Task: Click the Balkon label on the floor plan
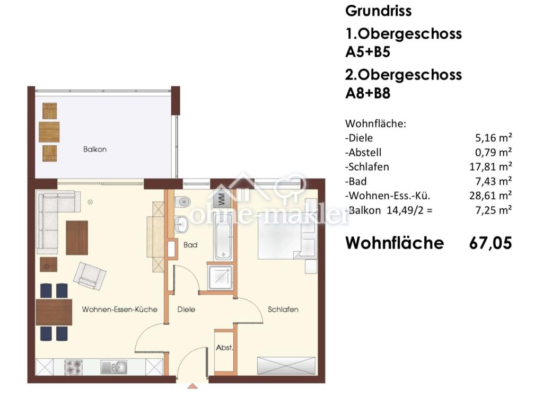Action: click(x=94, y=149)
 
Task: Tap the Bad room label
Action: click(x=190, y=245)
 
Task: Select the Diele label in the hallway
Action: click(x=186, y=309)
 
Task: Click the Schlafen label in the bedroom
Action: click(x=283, y=309)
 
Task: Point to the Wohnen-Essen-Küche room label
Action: click(x=119, y=309)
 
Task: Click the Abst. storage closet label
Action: click(x=224, y=347)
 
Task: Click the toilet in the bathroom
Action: click(x=182, y=201)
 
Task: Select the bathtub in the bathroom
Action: click(x=223, y=236)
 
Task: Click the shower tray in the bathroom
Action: click(x=220, y=278)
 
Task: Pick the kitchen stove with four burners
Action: click(x=74, y=367)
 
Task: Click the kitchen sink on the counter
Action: click(x=114, y=367)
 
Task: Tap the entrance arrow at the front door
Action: click(x=192, y=385)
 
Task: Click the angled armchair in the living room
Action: click(x=90, y=276)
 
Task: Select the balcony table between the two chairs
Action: click(x=49, y=132)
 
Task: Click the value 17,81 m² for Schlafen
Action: click(x=491, y=167)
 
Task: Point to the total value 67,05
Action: click(x=491, y=243)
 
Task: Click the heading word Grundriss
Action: click(x=378, y=11)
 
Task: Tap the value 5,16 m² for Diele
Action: click(x=493, y=138)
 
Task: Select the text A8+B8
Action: click(x=368, y=93)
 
